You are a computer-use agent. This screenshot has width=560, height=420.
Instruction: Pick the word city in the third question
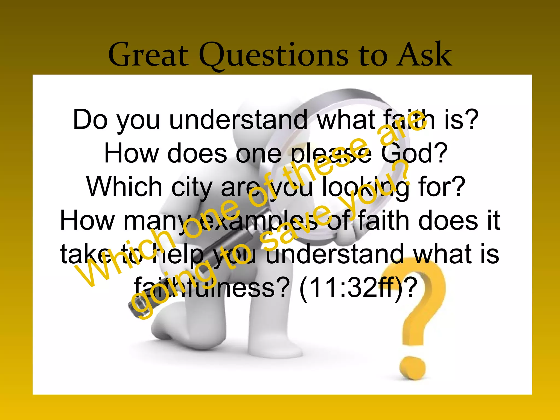192,187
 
